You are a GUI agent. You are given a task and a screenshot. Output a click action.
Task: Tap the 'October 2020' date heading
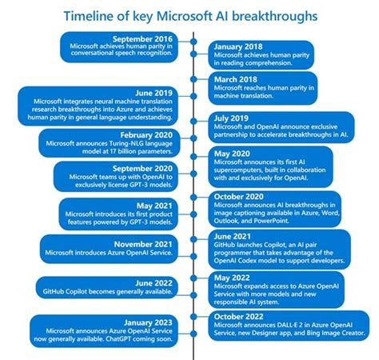pos(239,196)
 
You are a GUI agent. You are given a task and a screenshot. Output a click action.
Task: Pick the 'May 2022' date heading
pos(232,278)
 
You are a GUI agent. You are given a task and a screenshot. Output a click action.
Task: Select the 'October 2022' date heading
pos(239,316)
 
